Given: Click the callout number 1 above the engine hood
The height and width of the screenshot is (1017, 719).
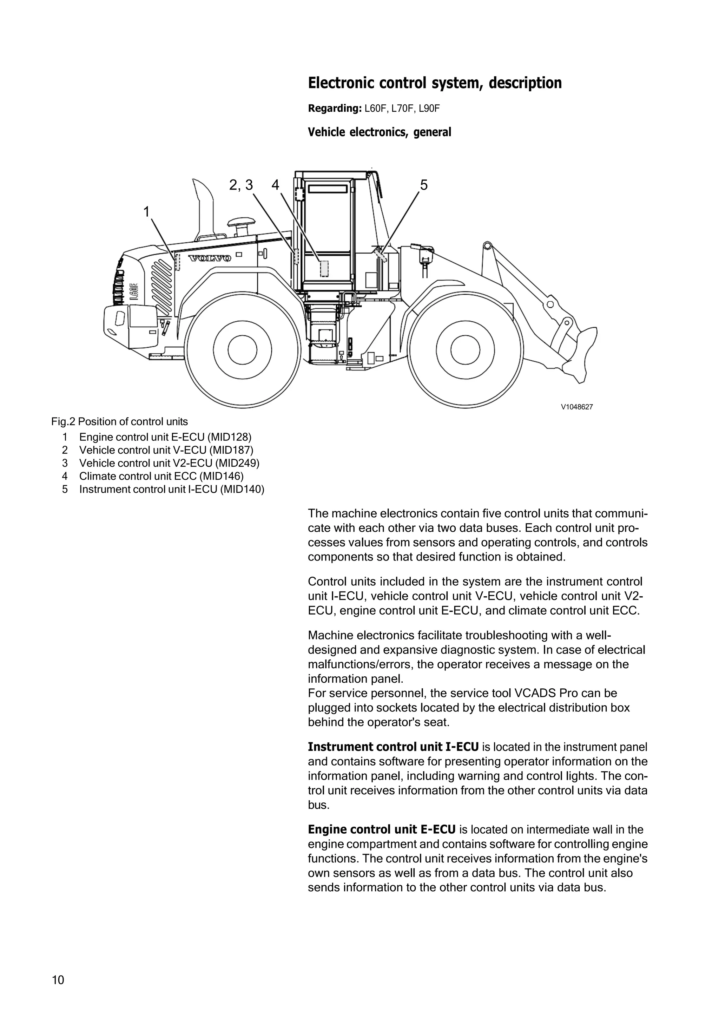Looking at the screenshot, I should point(146,212).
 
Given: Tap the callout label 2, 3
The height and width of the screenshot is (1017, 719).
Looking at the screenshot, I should point(241,185).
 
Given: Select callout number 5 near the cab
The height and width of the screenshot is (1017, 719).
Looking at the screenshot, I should point(424,185).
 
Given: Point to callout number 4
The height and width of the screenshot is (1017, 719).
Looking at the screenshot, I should point(275,185).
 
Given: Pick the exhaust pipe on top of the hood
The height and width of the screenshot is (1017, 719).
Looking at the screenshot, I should point(204,208).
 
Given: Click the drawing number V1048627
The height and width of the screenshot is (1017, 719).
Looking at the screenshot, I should point(576,407).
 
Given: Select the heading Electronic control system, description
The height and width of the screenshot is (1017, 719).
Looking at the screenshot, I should point(434,83).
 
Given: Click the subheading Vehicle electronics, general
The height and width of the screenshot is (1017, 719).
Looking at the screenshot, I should point(380,132).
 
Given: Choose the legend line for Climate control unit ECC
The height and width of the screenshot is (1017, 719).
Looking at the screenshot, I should point(161,476).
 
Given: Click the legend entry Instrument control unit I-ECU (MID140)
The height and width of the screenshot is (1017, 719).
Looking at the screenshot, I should point(171,490).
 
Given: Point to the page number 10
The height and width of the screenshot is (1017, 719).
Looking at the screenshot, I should point(58,980).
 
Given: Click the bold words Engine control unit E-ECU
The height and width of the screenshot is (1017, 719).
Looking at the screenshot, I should point(381,829).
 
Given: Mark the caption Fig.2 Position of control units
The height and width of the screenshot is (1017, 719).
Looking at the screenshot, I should point(119,422).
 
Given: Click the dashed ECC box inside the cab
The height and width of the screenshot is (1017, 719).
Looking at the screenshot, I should point(324,268).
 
